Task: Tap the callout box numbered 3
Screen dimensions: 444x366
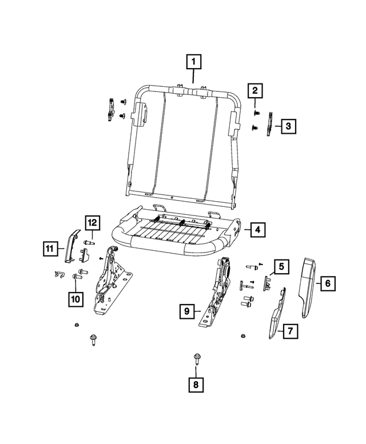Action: pyautogui.click(x=288, y=126)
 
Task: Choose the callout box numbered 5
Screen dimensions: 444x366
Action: pyautogui.click(x=281, y=266)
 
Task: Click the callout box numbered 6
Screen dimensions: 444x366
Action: pyautogui.click(x=328, y=282)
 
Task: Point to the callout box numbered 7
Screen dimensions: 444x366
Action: pyautogui.click(x=289, y=330)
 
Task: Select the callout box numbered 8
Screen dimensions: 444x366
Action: pyautogui.click(x=196, y=385)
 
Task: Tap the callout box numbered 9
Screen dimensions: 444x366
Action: pyautogui.click(x=186, y=311)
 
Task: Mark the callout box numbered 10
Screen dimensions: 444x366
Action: pyautogui.click(x=75, y=298)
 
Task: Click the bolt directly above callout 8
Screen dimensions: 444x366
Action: pyautogui.click(x=196, y=359)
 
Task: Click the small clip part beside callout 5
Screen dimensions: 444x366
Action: pyautogui.click(x=267, y=282)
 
